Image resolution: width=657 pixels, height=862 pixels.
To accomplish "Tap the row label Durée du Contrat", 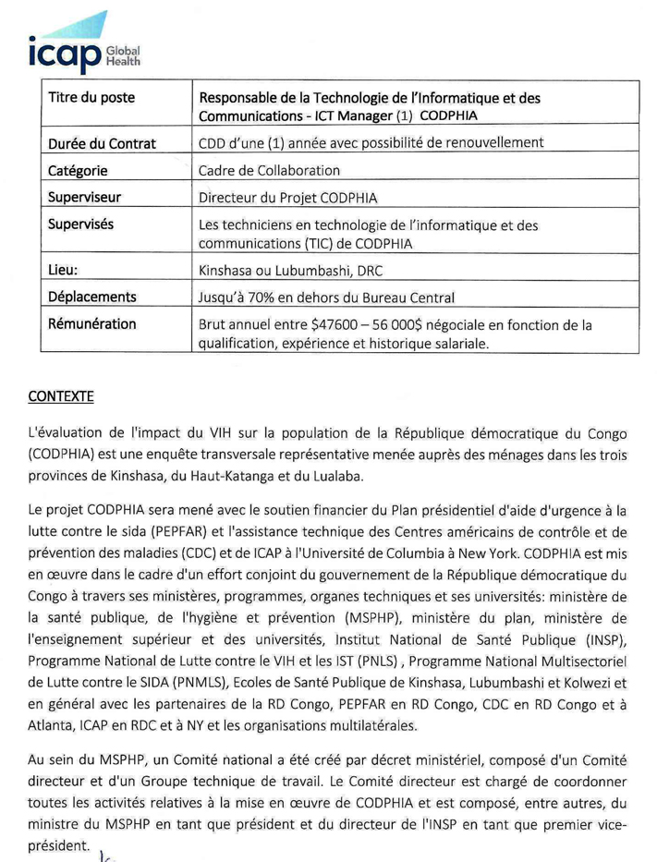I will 102,143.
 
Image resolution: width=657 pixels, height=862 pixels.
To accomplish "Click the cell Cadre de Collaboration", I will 270,171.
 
